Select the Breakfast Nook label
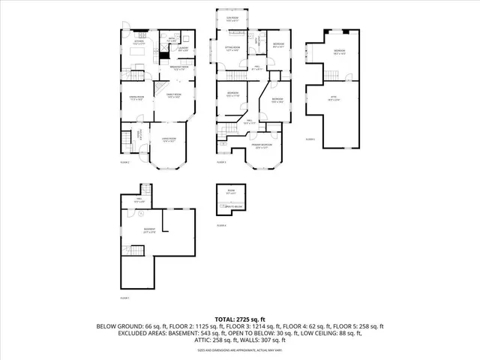click(178, 69)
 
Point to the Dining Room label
click(135, 98)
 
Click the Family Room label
click(173, 95)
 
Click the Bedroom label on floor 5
click(338, 52)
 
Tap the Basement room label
click(150, 230)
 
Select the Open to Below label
click(233, 207)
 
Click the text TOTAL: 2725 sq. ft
click(239, 319)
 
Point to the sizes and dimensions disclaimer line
click(239, 349)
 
